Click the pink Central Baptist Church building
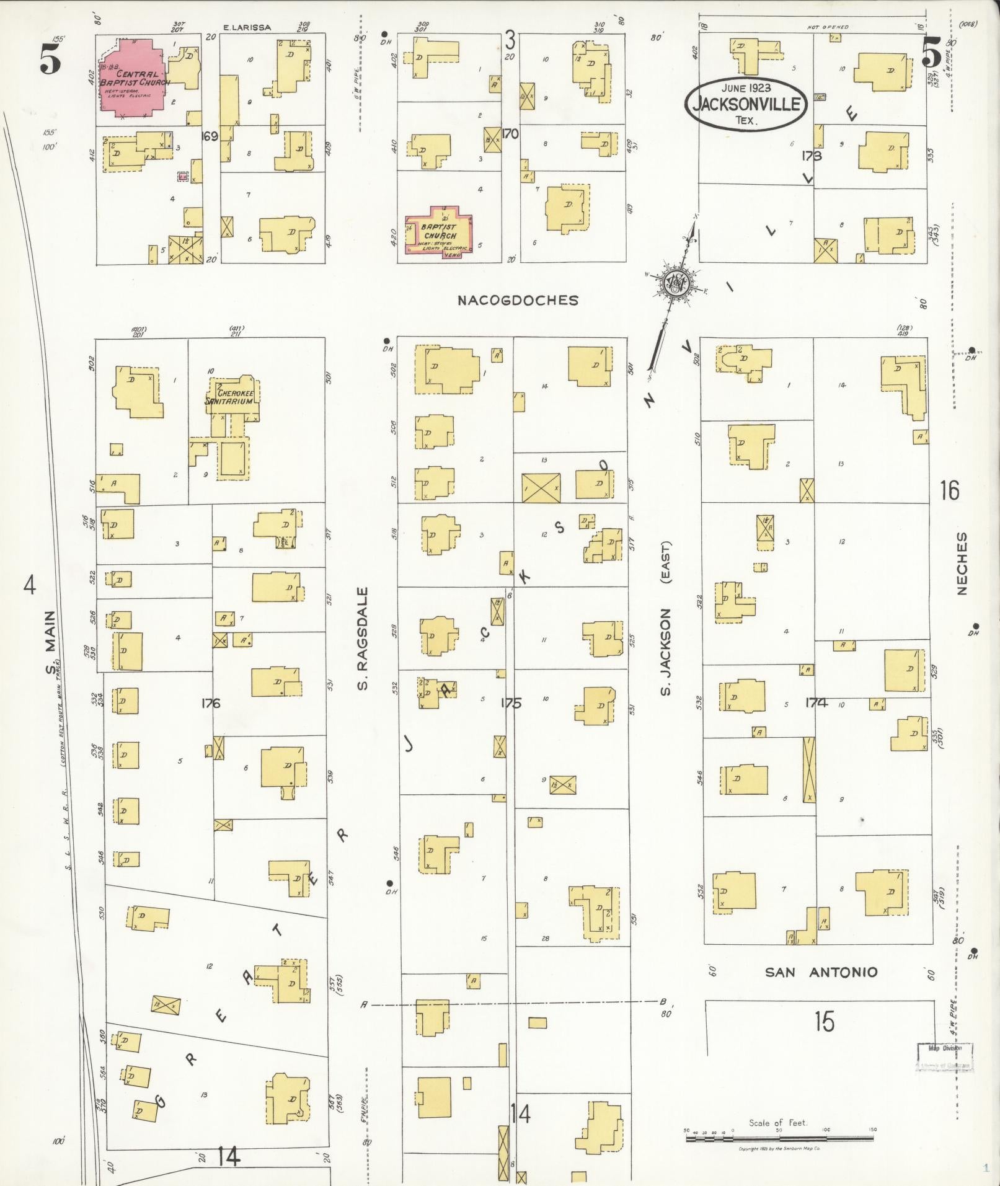coord(131,77)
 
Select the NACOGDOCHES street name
coord(518,301)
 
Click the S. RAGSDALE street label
coord(363,639)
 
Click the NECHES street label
coord(962,563)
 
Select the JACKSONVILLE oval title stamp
coord(746,104)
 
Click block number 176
coord(211,703)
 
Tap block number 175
coord(511,703)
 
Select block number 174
coord(816,703)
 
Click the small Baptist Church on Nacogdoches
coord(439,234)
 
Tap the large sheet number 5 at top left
coord(51,60)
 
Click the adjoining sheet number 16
coord(949,490)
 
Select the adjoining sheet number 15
coord(825,1020)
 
